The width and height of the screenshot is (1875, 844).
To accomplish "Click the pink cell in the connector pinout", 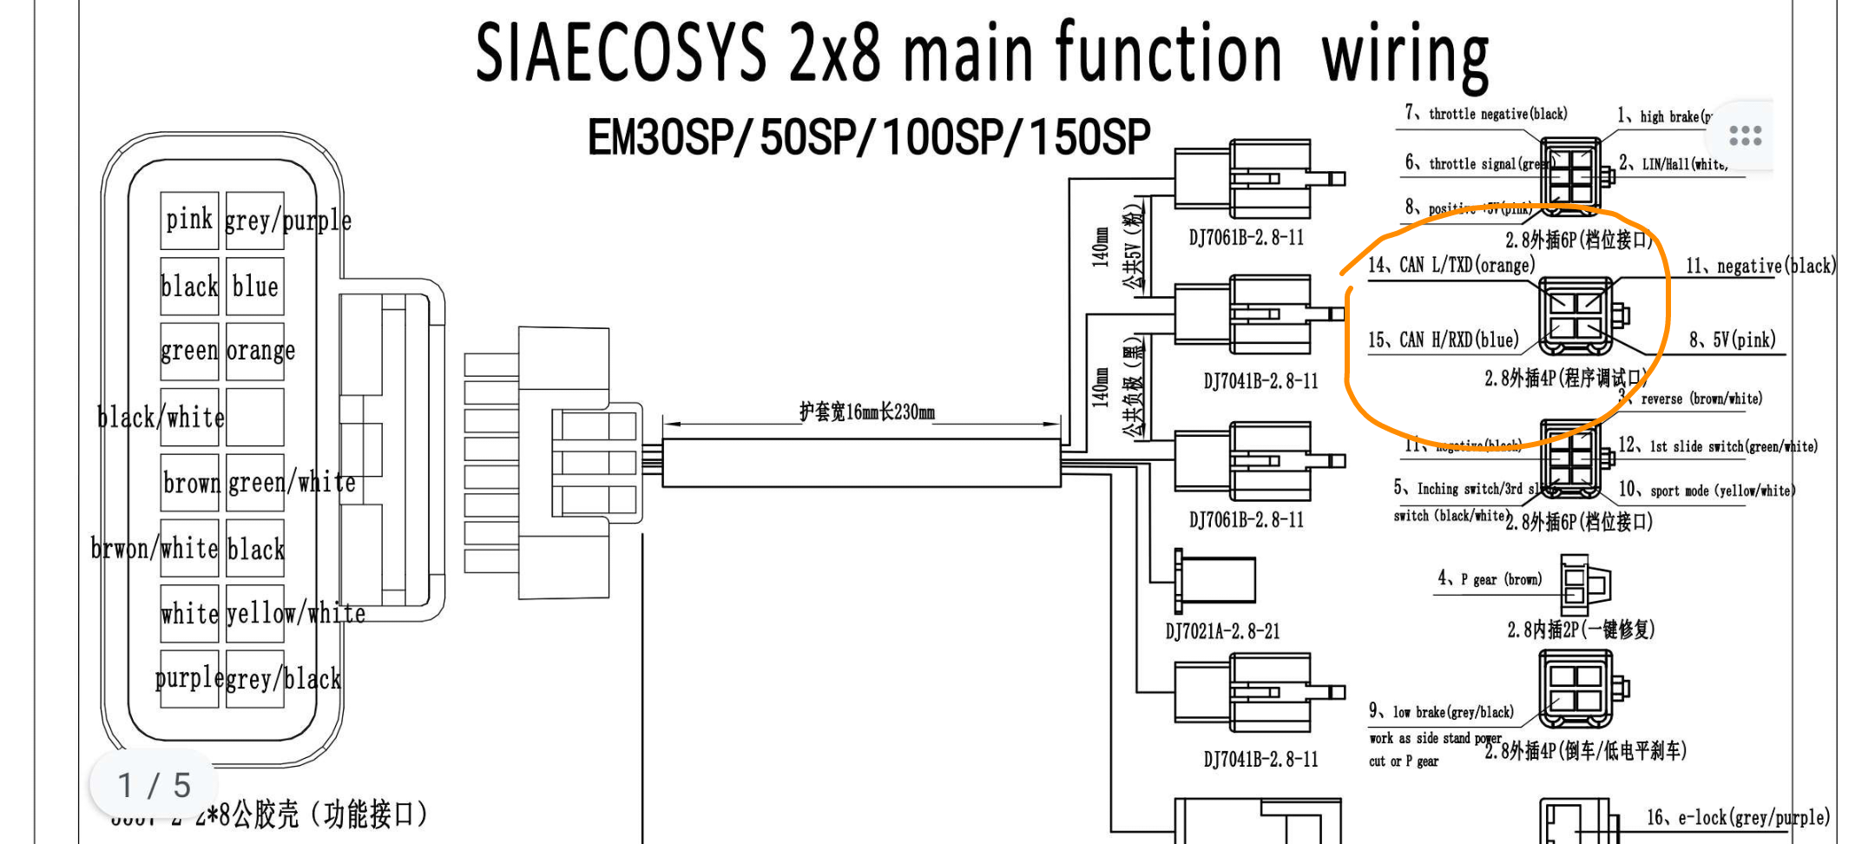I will [189, 220].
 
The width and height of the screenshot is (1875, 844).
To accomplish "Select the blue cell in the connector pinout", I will [255, 286].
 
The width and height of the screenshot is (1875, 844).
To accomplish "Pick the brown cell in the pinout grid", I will [189, 482].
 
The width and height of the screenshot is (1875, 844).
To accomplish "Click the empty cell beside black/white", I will [255, 417].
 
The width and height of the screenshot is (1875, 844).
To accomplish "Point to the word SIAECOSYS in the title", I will [621, 53].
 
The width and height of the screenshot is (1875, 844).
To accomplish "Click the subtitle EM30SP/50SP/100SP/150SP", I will [869, 137].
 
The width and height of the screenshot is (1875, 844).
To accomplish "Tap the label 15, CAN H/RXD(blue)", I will [1443, 340].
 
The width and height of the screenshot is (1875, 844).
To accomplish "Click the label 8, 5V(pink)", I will [1732, 340].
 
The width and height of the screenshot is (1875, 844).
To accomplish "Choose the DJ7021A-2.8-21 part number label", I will [1222, 631].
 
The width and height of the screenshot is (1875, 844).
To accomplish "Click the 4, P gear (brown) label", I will [1490, 579].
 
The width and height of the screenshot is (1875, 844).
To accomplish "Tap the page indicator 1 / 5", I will [154, 785].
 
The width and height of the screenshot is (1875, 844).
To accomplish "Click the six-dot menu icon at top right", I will [1745, 135].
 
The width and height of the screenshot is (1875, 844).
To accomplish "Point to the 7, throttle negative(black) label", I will [1485, 114].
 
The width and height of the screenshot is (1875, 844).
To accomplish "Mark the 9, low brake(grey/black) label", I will [1441, 712].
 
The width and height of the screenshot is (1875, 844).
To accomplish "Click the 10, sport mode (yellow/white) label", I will [1707, 490].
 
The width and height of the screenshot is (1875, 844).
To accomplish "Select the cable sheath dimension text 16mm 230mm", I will [866, 412].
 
